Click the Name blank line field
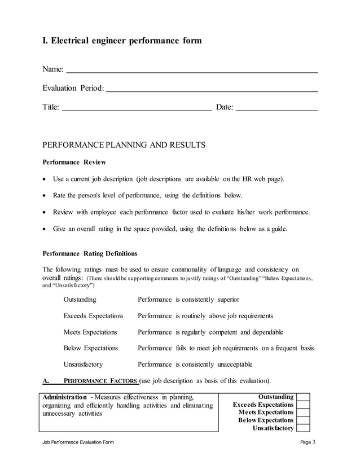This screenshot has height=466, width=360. click(x=192, y=72)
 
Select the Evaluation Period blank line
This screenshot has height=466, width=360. click(x=212, y=90)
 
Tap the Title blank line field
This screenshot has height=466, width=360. click(x=136, y=109)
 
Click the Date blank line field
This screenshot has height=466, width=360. click(x=276, y=109)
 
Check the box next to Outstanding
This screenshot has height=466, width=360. click(x=303, y=397)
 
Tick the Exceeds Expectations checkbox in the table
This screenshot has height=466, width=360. click(x=303, y=405)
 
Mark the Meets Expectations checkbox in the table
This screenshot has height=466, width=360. click(x=303, y=412)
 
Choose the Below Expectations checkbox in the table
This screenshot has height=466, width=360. click(x=303, y=420)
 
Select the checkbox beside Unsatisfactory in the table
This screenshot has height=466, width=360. click(x=303, y=428)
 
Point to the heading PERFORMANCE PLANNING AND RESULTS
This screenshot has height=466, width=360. click(x=124, y=145)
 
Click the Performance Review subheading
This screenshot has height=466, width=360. click(x=74, y=162)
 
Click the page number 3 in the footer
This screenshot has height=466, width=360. click(x=314, y=442)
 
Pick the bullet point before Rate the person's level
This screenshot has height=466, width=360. click(x=45, y=196)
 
